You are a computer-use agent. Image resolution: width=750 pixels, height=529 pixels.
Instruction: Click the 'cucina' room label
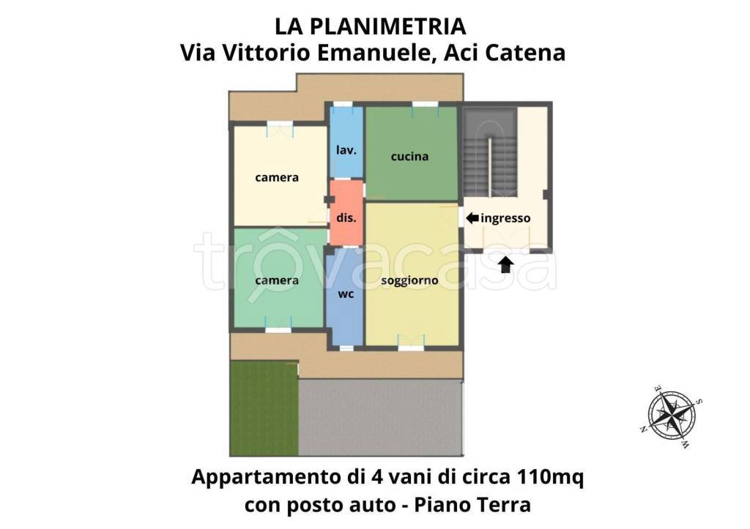pos(409,157)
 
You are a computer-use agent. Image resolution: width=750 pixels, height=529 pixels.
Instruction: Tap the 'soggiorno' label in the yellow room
pos(409,280)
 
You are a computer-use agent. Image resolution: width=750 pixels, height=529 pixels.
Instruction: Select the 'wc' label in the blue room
pos(346,294)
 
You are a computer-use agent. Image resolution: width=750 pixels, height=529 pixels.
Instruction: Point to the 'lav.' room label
pos(346,150)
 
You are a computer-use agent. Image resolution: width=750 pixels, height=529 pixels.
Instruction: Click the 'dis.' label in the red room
pos(346,218)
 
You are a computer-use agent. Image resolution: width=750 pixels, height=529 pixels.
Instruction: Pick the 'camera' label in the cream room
pos(277,177)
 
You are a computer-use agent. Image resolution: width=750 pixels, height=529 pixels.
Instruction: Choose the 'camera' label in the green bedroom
pos(277,280)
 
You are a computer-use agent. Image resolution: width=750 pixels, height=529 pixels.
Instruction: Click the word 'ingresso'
pos(506,218)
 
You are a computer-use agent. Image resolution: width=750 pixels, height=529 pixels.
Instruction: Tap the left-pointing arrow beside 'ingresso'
pos(472,217)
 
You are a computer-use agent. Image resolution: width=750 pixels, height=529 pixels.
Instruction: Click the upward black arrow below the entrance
pos(505,264)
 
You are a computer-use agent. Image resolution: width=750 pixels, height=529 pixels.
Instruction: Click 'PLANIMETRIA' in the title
pos(387,27)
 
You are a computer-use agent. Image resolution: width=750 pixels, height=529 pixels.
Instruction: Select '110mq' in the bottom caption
pos(544,478)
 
